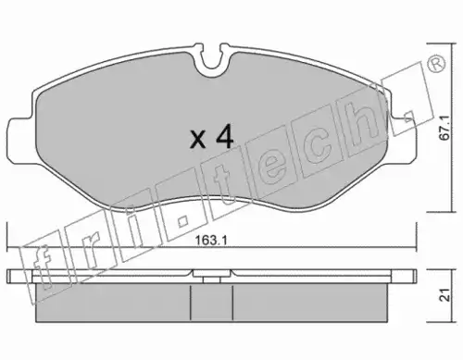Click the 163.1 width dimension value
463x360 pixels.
pyautogui.click(x=211, y=241)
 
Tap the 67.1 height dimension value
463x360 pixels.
pyautogui.click(x=445, y=128)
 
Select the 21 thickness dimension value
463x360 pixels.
pyautogui.click(x=445, y=295)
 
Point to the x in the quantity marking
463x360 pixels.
pyautogui.click(x=198, y=139)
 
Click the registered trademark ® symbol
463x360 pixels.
pyautogui.click(x=436, y=65)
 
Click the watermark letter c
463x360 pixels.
pyautogui.click(x=318, y=151)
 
